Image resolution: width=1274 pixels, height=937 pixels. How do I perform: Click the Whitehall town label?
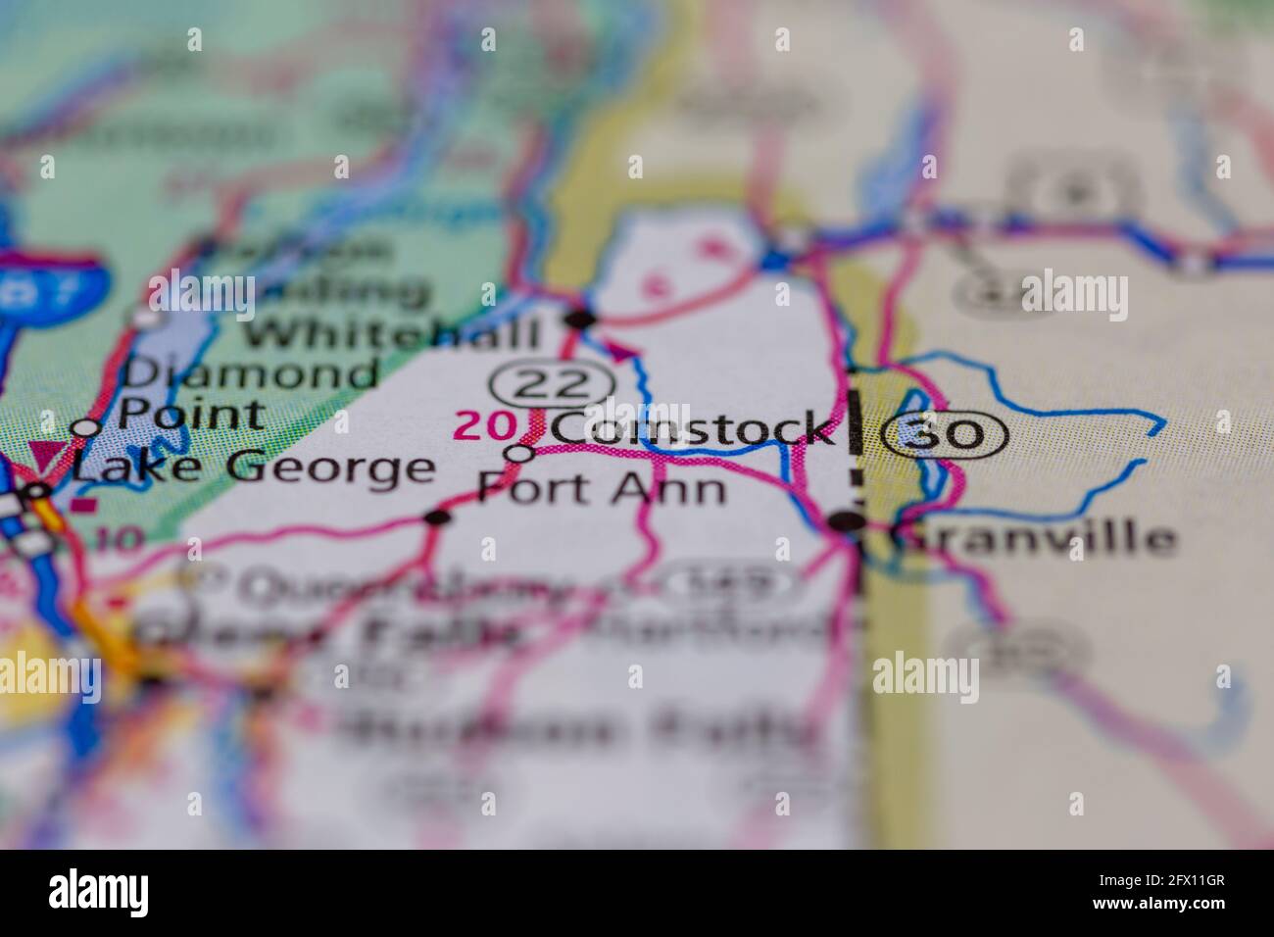(x=393, y=334)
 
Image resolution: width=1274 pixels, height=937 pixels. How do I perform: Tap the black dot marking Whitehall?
(x=581, y=319)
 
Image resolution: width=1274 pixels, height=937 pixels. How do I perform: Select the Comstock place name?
(x=691, y=428)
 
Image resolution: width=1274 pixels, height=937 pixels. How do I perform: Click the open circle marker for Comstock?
(x=519, y=453)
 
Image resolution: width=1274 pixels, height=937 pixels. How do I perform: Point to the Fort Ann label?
(x=602, y=487)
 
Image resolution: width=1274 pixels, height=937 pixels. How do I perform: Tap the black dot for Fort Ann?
(x=438, y=517)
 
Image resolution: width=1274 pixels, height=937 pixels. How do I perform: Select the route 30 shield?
(x=945, y=432)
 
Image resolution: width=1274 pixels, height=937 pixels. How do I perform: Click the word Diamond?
(x=250, y=374)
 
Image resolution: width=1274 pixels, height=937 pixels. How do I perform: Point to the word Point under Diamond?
(x=192, y=414)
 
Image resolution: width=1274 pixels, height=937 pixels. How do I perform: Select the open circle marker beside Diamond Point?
(x=87, y=427)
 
